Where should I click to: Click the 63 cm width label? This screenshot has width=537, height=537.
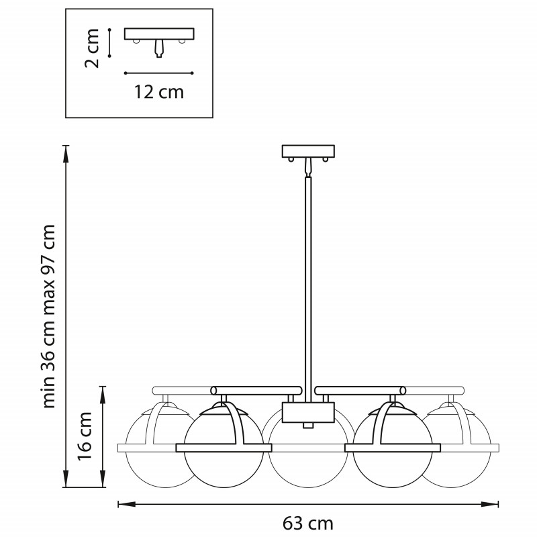307,524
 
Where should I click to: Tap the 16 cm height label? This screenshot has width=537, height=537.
85,436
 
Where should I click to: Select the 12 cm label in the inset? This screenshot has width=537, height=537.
159,92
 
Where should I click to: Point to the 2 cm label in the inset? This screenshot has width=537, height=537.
92,48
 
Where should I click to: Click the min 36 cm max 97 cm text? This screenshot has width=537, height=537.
48,316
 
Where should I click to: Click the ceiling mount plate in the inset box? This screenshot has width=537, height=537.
159,34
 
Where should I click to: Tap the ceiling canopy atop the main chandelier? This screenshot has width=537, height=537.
308,152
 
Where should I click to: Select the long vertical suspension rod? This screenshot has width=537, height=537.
308,289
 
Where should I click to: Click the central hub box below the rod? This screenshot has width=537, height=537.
308,413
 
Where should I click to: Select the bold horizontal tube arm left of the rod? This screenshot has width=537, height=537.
256,391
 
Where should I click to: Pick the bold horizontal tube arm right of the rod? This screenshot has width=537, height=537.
360,391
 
